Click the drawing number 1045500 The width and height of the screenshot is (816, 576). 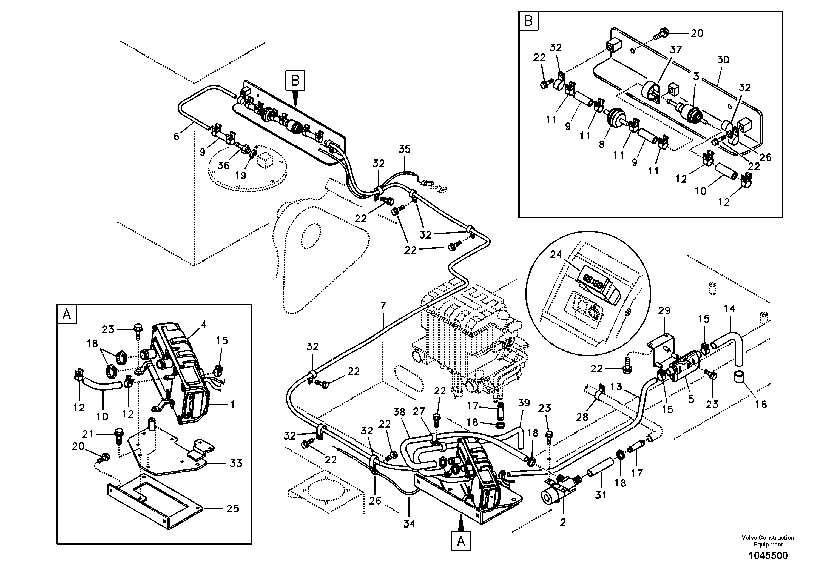768,555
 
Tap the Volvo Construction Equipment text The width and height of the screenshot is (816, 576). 768,541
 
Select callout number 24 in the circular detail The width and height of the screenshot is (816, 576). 556,254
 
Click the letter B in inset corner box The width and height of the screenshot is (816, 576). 528,21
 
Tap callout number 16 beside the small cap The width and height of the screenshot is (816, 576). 761,404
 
